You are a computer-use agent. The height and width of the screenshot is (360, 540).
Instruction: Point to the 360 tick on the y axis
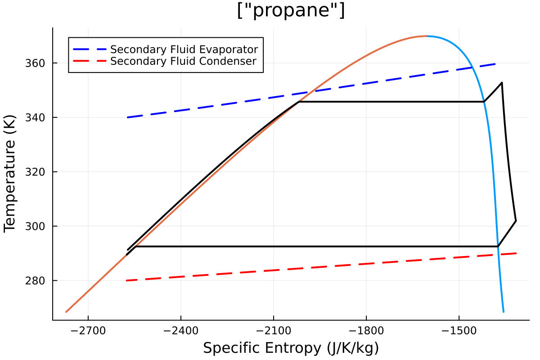point(37,63)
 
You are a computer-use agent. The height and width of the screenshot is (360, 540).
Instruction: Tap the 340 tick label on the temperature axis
point(37,117)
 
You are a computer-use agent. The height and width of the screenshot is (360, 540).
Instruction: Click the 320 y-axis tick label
point(37,172)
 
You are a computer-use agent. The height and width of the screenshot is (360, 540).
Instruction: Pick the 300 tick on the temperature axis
point(37,226)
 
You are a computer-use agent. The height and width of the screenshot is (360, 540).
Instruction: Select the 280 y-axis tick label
point(37,281)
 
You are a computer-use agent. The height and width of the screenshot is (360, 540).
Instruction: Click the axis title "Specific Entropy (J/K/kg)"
point(291,348)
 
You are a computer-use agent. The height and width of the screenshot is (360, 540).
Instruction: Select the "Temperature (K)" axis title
point(10,174)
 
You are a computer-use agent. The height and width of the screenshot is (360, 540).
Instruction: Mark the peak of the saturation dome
point(426,36)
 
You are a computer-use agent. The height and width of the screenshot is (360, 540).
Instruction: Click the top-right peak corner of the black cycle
point(501,82)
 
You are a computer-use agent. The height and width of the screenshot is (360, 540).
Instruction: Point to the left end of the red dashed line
point(127,280)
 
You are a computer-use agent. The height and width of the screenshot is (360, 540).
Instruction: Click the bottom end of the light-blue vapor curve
point(504,311)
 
